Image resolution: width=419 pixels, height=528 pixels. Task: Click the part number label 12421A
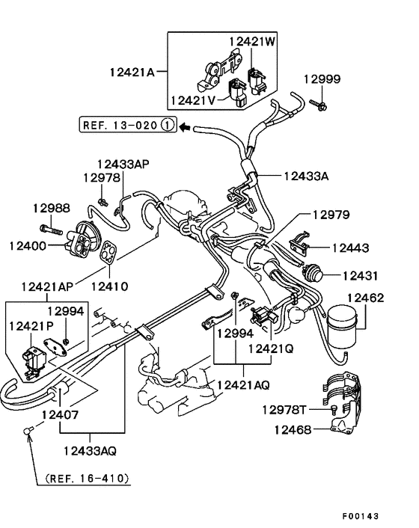coord(131,73)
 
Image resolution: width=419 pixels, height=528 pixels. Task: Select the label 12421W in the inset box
coord(252,43)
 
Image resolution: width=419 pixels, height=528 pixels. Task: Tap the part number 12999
coord(322,79)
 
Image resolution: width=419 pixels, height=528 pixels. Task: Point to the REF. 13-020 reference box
coord(126,126)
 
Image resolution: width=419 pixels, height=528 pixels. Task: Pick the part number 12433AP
coord(123,163)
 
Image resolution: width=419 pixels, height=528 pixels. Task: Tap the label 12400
coord(28,245)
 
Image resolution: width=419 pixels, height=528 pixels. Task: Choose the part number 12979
coord(331,215)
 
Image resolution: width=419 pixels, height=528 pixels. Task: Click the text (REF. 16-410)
coord(88,477)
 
